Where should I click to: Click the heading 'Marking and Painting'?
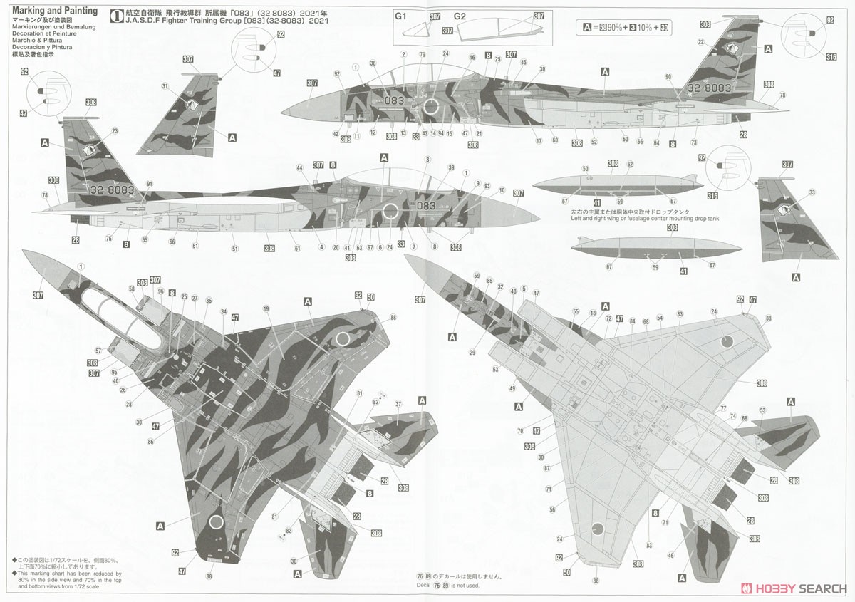(x=54, y=11)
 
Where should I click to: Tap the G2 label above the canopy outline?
(x=460, y=16)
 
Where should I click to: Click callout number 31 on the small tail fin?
(x=165, y=86)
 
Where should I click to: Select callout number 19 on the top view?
(x=266, y=309)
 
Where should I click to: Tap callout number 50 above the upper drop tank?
(x=585, y=169)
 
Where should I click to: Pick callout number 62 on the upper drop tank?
(x=630, y=164)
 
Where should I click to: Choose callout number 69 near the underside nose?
(x=477, y=275)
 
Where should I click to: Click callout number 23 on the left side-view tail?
(x=115, y=130)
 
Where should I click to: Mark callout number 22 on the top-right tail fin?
(x=701, y=43)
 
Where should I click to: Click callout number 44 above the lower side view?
(x=299, y=167)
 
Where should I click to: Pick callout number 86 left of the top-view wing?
(x=151, y=442)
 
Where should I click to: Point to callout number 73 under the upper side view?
(x=693, y=143)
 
